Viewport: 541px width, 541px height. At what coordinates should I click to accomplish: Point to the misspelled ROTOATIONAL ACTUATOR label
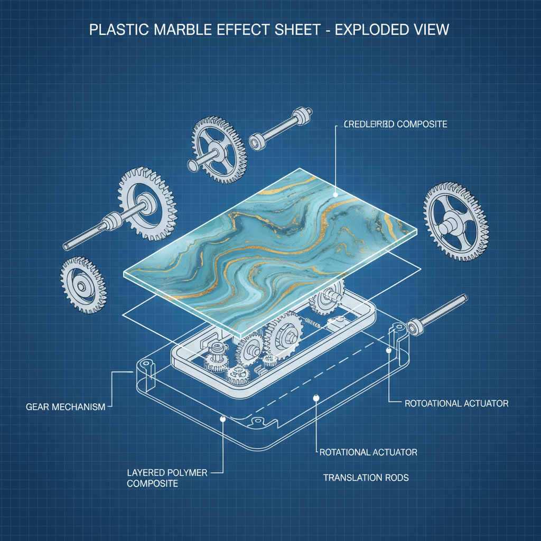(x=456, y=404)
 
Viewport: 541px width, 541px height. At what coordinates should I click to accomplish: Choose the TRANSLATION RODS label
(x=366, y=478)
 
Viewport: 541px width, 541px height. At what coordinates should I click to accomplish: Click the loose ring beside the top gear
(x=257, y=142)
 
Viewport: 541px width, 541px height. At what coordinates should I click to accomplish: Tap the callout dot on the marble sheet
(x=335, y=194)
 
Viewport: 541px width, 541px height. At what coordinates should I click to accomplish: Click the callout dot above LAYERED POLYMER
(x=223, y=418)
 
